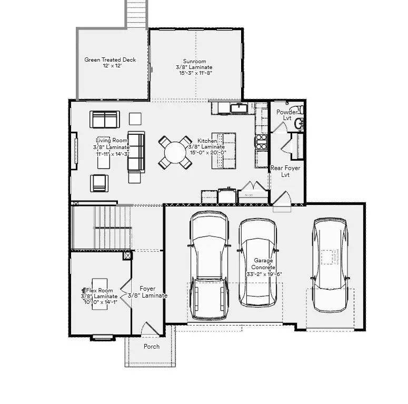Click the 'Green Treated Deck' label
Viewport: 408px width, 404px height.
[x=110, y=60]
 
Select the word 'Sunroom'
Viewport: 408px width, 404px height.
[x=194, y=61]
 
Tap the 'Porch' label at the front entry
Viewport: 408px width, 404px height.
[x=152, y=346]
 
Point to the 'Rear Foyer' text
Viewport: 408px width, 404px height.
[x=285, y=168]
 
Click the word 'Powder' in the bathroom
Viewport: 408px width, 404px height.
[x=287, y=112]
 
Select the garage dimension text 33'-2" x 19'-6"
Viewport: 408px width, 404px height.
[x=264, y=274]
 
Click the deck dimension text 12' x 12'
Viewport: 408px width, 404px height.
[x=110, y=66]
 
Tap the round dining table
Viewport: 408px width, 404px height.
[x=175, y=152]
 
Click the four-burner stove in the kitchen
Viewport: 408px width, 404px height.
[x=262, y=141]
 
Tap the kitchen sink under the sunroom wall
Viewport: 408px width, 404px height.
[x=240, y=108]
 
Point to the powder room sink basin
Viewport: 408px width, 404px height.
[x=298, y=124]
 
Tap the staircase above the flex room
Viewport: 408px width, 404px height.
[x=105, y=227]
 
